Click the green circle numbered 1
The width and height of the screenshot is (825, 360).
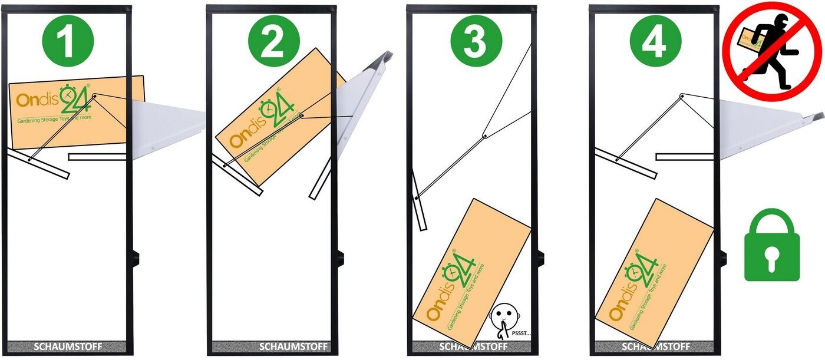click(68, 41)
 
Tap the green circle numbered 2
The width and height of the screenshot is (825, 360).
click(272, 41)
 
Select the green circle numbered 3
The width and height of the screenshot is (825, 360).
click(476, 41)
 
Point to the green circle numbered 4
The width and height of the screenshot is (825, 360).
click(655, 41)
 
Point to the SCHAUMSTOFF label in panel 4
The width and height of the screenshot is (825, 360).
click(655, 346)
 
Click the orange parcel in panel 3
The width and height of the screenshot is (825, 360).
click(471, 271)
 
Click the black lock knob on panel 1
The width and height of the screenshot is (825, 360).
click(136, 258)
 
